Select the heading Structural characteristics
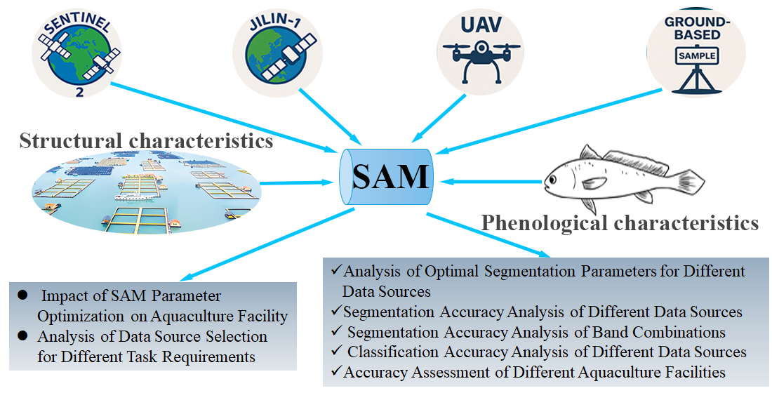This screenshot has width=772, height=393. pyautogui.click(x=146, y=141)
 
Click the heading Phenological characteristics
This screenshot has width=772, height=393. pyautogui.click(x=619, y=223)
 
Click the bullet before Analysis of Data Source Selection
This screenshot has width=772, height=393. pyautogui.click(x=22, y=338)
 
